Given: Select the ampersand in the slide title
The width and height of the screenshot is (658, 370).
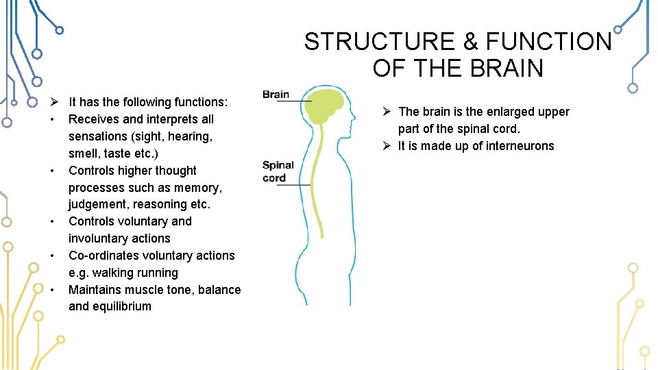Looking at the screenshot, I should point(471,42).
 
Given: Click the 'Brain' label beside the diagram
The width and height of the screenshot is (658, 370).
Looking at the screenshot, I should point(276,95).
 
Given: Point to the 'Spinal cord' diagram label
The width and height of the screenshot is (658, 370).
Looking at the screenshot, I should point(278,171).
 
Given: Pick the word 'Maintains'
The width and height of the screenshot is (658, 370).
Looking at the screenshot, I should point(97,290).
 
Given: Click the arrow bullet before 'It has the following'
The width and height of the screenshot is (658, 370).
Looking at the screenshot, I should point(53,102).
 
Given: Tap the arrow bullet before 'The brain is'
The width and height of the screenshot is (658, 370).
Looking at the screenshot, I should point(387,112).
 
